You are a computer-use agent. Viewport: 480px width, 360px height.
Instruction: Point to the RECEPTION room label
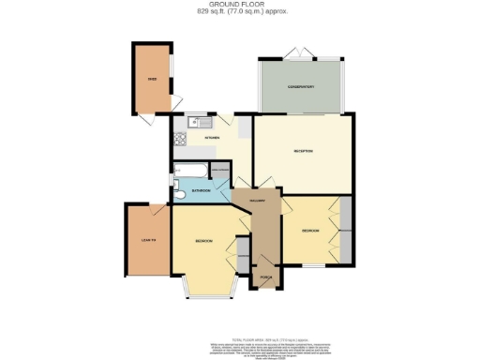pos(302,152)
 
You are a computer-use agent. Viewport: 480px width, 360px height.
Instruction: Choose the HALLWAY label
pos(260,202)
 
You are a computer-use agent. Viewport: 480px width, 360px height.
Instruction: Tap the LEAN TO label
pos(146,241)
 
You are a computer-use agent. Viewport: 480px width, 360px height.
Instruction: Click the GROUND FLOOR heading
pos(239,5)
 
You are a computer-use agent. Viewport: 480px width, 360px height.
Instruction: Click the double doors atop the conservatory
pos(300,52)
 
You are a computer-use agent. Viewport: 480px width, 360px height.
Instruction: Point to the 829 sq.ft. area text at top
pos(239,12)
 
